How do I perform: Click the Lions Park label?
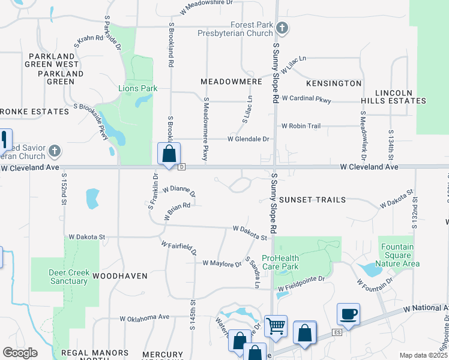[137, 89]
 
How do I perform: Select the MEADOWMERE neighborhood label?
[231, 81]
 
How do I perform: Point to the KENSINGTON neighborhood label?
[334, 83]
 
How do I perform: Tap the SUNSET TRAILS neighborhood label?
[313, 199]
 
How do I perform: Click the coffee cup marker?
[349, 314]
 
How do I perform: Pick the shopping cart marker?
[276, 326]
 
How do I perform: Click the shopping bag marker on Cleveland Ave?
[169, 154]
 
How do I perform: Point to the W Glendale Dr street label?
[248, 139]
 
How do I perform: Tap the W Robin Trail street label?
[301, 126]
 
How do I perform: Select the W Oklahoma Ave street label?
[145, 317]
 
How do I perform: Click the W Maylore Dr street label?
[221, 263]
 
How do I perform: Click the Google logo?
[20, 353]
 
